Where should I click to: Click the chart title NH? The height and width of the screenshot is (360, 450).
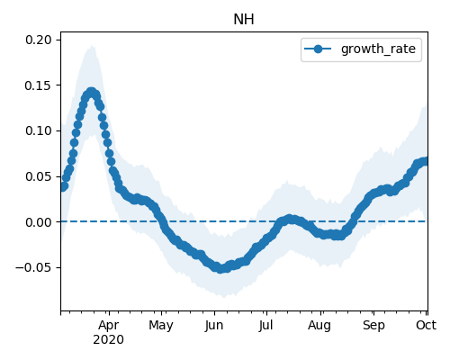click(x=244, y=20)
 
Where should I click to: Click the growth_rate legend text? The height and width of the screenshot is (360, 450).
click(x=378, y=49)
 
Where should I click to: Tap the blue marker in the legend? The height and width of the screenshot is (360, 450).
click(x=318, y=49)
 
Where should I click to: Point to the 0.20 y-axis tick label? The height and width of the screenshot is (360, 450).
click(x=39, y=40)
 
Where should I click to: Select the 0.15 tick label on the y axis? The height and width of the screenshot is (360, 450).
click(x=39, y=85)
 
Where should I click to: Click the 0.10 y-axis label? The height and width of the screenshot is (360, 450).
click(x=39, y=130)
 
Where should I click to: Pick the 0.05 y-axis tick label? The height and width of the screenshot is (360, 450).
click(x=39, y=176)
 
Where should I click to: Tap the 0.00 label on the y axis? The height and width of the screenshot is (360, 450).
click(x=39, y=222)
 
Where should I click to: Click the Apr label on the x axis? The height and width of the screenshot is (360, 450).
click(x=109, y=325)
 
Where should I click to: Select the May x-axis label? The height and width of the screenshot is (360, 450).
click(x=161, y=325)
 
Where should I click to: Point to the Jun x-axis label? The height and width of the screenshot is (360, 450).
click(x=214, y=325)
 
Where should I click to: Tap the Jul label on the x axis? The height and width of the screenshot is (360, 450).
click(x=265, y=325)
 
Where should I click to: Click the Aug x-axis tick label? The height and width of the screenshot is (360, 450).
click(x=319, y=325)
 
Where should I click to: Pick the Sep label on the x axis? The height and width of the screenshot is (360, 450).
click(x=373, y=325)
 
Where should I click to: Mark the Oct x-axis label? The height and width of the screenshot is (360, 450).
click(x=426, y=325)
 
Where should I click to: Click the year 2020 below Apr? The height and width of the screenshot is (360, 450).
click(x=108, y=340)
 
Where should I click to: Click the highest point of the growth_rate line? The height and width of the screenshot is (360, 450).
click(x=92, y=92)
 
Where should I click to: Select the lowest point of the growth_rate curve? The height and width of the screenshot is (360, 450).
click(x=220, y=268)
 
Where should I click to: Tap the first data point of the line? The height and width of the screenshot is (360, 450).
click(x=63, y=187)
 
